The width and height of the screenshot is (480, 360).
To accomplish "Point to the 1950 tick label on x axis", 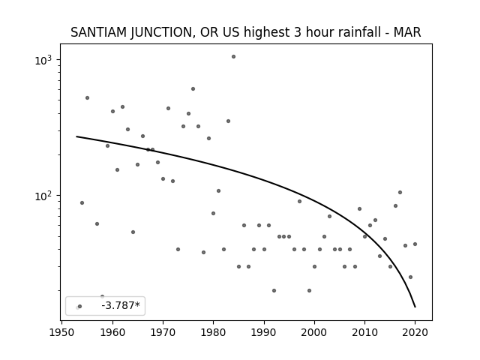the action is click(61, 332).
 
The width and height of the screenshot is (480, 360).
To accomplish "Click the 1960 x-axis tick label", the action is click(112, 332).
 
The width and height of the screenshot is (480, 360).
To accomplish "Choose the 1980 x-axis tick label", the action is click(213, 332).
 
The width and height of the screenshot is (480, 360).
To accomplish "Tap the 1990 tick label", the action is click(264, 332).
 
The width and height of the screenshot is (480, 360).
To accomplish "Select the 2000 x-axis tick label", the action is click(314, 332).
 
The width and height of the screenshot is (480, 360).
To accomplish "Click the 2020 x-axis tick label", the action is click(415, 332).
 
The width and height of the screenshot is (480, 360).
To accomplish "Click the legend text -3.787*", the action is click(121, 305).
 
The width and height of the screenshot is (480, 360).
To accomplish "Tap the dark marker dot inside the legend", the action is click(80, 306).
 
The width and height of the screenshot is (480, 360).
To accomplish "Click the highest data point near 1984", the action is click(233, 57).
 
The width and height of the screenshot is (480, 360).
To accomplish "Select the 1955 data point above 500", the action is click(87, 98).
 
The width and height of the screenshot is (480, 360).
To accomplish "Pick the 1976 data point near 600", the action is click(193, 89).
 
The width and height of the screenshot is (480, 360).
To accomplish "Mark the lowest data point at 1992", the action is click(274, 290).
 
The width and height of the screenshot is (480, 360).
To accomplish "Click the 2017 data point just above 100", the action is click(400, 193).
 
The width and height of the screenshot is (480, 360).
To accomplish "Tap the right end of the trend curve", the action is click(415, 307).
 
